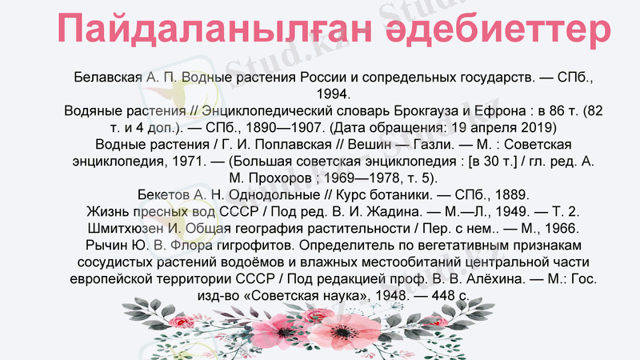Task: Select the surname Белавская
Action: coord(107,78)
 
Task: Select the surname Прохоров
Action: coord(270,178)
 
